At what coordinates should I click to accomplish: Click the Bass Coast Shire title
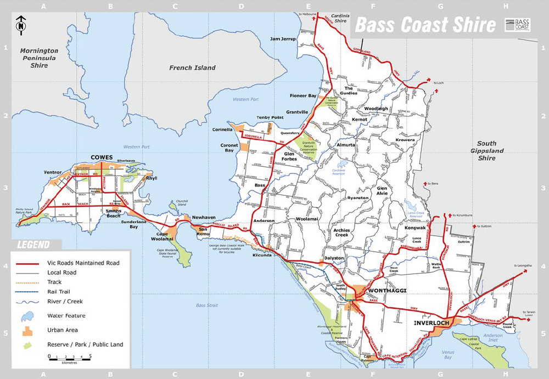coord(425,25)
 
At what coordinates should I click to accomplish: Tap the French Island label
coord(192,68)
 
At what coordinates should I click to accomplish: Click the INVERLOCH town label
coord(432,323)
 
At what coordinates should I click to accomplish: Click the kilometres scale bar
coord(70,357)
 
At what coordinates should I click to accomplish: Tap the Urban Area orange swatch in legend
coord(27,331)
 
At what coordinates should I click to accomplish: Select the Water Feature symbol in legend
coord(27,316)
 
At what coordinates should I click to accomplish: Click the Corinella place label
coord(222,130)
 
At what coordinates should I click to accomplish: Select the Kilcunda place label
coord(262,255)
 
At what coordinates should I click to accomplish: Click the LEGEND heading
coord(33,245)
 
